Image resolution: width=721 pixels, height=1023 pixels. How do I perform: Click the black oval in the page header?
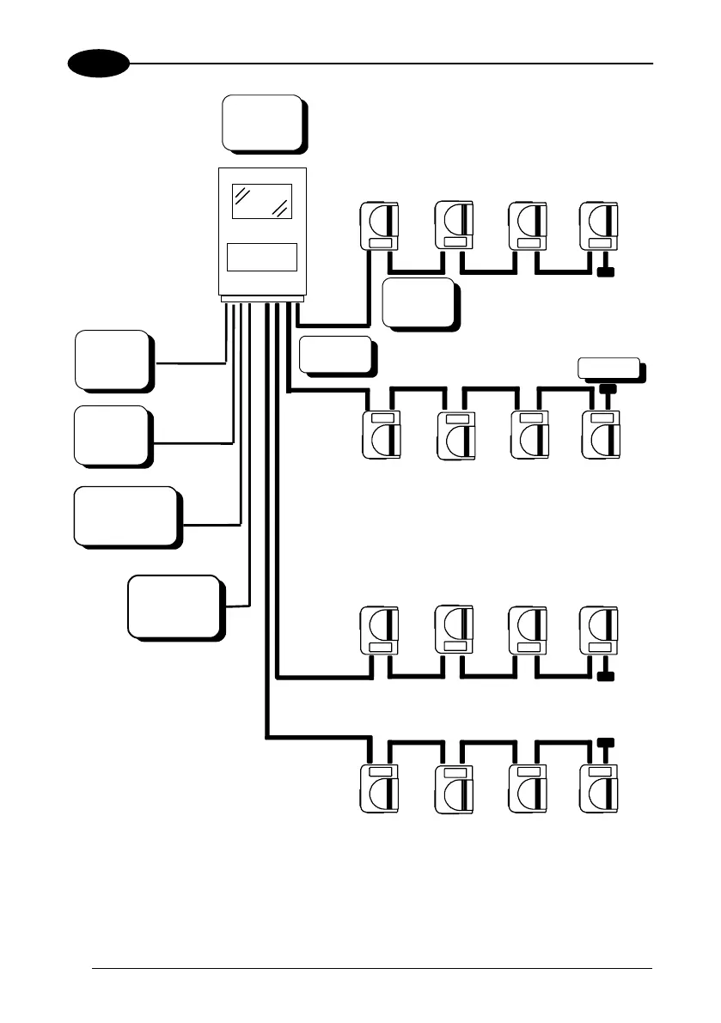[x=99, y=64]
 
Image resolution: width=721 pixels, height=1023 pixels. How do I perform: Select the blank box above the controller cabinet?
[x=262, y=122]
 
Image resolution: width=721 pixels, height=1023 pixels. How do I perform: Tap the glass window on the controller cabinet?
[x=262, y=201]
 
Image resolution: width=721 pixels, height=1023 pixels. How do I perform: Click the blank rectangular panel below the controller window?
[x=262, y=257]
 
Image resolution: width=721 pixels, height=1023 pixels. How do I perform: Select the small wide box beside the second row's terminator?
[x=609, y=368]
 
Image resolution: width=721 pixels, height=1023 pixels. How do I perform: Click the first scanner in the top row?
[x=379, y=226]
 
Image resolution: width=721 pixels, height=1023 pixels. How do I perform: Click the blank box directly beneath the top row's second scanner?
[x=418, y=301]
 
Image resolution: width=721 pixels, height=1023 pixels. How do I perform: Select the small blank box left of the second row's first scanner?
[x=336, y=354]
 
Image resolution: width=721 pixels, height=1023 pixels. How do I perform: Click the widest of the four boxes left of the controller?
[x=125, y=515]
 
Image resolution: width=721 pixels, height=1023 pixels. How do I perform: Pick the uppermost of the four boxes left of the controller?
[x=113, y=358]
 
